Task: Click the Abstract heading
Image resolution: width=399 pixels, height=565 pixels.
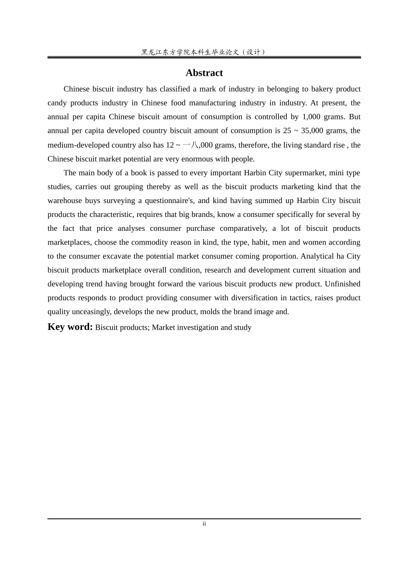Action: (204, 73)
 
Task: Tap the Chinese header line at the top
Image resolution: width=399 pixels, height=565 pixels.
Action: (204, 52)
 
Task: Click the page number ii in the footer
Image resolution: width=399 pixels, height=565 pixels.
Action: (204, 524)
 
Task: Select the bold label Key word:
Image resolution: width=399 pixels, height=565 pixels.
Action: (70, 327)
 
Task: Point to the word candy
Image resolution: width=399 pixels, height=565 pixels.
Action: (57, 103)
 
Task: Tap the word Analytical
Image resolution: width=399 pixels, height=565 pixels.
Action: (317, 256)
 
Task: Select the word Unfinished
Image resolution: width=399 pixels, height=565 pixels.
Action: (342, 284)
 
